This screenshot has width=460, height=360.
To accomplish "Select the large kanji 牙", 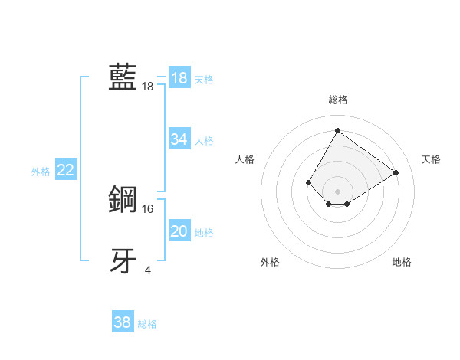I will (x=123, y=260).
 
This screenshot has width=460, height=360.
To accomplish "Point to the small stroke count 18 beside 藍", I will (x=147, y=87).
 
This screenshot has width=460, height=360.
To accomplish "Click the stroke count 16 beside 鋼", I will (x=148, y=208).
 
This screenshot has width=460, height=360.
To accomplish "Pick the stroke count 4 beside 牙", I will (x=148, y=270).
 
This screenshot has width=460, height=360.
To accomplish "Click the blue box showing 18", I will (x=179, y=78).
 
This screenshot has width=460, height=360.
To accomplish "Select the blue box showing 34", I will (x=179, y=139).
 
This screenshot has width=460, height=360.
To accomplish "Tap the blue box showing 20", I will (x=179, y=231).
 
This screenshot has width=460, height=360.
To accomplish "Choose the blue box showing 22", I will (x=65, y=170).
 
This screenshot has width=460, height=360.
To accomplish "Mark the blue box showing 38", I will (x=122, y=322).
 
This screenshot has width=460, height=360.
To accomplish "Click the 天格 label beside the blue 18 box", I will (x=204, y=80).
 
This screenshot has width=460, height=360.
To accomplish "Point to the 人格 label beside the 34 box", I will (x=204, y=141).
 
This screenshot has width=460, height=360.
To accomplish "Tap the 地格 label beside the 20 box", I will (x=204, y=233).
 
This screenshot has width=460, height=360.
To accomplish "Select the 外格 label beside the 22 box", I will (x=41, y=172).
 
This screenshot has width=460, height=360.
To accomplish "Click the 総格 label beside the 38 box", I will (x=147, y=324).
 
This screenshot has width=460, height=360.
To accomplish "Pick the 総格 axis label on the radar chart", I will (x=337, y=100).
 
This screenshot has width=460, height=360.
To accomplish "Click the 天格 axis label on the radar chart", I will (x=431, y=159).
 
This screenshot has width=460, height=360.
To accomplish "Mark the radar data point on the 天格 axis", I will (x=396, y=172).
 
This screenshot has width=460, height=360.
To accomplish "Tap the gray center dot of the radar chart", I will (x=337, y=191).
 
